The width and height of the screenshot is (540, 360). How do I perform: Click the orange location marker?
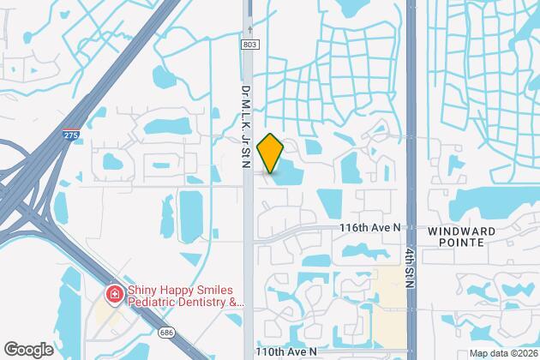pyautogui.click(x=270, y=153)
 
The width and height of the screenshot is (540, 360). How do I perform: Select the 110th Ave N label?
pyautogui.click(x=286, y=351)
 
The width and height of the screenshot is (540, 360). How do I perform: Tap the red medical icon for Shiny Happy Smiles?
pyautogui.click(x=113, y=295)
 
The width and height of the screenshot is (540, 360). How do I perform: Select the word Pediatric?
pyautogui.click(x=152, y=303)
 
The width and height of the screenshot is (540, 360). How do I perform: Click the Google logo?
pyautogui.click(x=28, y=350)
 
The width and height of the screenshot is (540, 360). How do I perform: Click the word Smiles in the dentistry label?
pyautogui.click(x=218, y=291)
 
